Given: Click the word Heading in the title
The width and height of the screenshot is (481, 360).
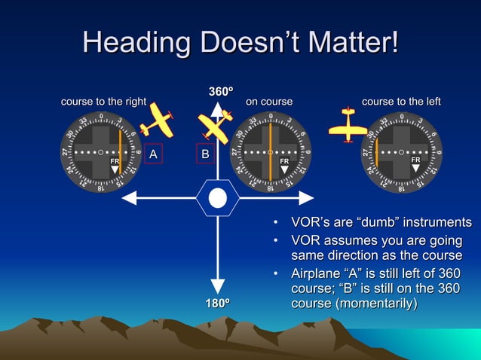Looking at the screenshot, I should pyautogui.click(x=133, y=41).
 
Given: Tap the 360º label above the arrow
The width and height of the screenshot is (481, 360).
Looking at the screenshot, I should pyautogui.click(x=220, y=92).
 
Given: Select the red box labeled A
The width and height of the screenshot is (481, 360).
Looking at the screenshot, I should pyautogui.click(x=153, y=154).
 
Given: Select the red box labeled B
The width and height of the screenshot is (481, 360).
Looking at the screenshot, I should pyautogui.click(x=204, y=154).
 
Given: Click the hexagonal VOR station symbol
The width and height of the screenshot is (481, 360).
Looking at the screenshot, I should pyautogui.click(x=218, y=198).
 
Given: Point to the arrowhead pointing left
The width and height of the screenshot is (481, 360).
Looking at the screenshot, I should pyautogui.click(x=128, y=198).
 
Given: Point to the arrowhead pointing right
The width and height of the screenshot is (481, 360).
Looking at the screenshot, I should pyautogui.click(x=306, y=198).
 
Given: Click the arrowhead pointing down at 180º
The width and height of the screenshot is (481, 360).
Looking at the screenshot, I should pyautogui.click(x=218, y=285).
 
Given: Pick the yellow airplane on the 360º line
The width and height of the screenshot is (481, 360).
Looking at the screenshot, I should pyautogui.click(x=214, y=127).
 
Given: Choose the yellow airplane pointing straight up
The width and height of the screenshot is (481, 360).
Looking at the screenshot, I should pyautogui.click(x=348, y=126).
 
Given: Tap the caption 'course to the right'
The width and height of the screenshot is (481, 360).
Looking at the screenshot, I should pyautogui.click(x=103, y=102).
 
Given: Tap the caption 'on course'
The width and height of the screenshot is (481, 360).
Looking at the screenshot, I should pyautogui.click(x=269, y=102).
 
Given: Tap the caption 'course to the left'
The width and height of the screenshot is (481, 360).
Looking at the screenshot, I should pyautogui.click(x=401, y=102).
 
